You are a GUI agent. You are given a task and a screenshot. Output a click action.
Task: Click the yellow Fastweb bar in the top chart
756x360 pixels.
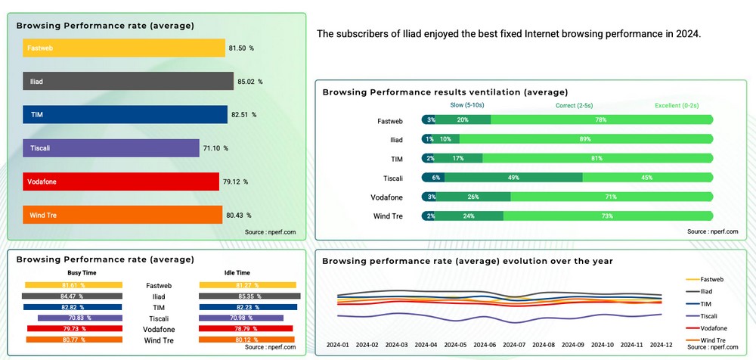point(124,48)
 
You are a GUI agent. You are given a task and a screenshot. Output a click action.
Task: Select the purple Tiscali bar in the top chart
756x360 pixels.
point(110,148)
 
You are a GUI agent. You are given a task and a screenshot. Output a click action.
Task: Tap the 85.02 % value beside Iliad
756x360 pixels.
point(249,82)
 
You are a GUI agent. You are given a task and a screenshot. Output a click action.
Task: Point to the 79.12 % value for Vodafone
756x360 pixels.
point(235,182)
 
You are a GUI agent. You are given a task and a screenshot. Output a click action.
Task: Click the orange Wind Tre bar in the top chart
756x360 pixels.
point(122,215)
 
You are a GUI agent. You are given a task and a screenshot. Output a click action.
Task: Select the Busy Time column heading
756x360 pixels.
point(82,272)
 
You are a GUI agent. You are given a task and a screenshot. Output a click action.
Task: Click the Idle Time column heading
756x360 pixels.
point(237,272)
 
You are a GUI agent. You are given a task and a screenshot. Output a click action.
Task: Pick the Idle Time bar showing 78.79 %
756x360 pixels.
point(246,329)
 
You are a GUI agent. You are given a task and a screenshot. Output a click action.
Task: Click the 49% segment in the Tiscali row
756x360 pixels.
point(513,178)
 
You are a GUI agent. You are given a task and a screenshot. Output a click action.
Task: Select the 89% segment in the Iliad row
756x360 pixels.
point(585,139)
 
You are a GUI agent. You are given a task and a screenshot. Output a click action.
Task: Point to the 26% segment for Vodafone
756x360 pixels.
point(473,197)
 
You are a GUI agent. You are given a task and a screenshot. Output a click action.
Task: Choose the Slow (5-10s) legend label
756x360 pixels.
point(468,105)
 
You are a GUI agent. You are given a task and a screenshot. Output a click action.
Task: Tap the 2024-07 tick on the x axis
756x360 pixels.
point(513,345)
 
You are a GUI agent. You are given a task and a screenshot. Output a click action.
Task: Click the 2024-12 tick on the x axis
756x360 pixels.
point(661,345)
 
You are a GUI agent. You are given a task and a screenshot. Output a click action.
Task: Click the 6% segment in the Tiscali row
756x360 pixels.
point(435,178)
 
